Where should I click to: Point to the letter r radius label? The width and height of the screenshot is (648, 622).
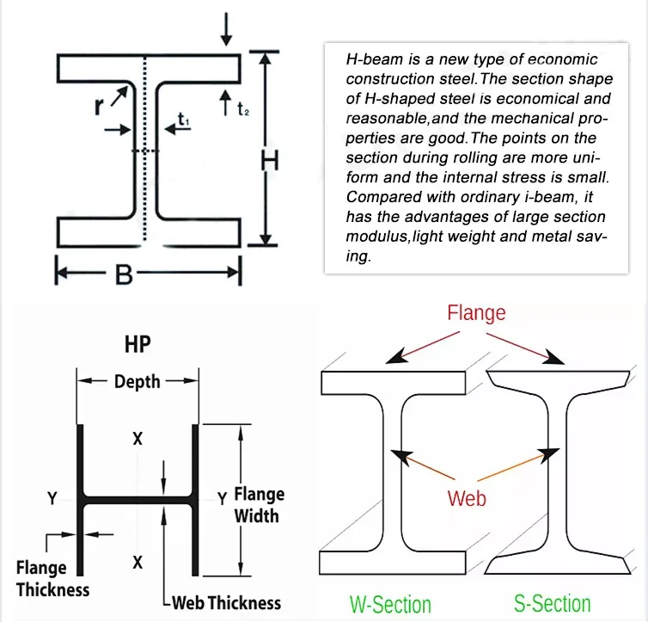(100, 108)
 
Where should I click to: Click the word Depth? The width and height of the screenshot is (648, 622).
(138, 381)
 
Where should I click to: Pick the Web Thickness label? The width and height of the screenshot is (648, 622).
(226, 602)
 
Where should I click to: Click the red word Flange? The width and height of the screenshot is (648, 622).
(476, 313)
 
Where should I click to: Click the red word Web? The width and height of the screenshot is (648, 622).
(468, 498)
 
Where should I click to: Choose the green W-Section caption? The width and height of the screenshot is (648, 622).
(390, 604)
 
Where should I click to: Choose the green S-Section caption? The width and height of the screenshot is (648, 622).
(553, 603)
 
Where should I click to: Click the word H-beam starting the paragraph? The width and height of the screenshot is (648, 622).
(372, 59)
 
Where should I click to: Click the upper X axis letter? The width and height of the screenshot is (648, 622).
(138, 439)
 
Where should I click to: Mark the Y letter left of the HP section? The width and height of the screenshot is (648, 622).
(53, 498)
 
